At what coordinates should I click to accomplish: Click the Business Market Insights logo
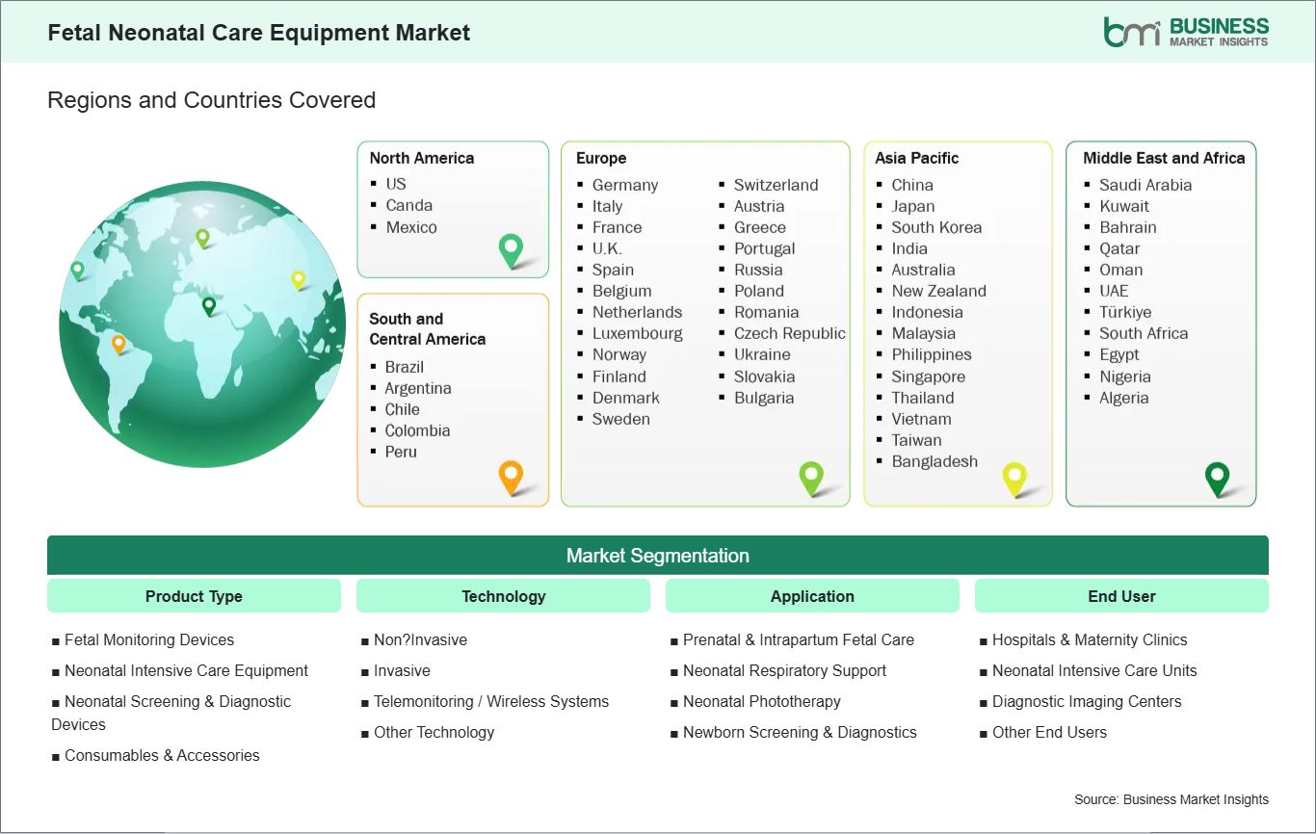click(1186, 31)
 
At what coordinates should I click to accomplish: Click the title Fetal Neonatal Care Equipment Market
click(258, 33)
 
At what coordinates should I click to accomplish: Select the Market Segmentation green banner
click(657, 556)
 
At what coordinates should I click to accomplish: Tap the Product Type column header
click(194, 596)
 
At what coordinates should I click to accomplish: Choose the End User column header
click(1121, 596)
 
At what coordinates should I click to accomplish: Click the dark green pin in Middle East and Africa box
click(1218, 477)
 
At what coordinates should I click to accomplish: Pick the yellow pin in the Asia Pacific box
click(1014, 477)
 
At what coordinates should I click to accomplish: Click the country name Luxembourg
click(637, 333)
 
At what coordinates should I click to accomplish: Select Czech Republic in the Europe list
click(789, 333)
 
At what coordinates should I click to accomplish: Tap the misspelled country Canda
click(408, 205)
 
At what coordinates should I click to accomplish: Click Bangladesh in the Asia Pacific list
click(934, 461)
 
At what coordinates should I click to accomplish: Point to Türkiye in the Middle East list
click(1124, 312)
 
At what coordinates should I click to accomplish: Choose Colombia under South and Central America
click(417, 430)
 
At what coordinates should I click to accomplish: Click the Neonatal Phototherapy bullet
click(761, 701)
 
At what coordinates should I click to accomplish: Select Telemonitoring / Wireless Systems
click(490, 701)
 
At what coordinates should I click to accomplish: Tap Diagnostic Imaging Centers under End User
click(1086, 701)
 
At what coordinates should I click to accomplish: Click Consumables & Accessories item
click(161, 755)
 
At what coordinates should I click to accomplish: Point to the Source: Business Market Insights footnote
click(1171, 799)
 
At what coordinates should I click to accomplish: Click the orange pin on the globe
click(118, 342)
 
